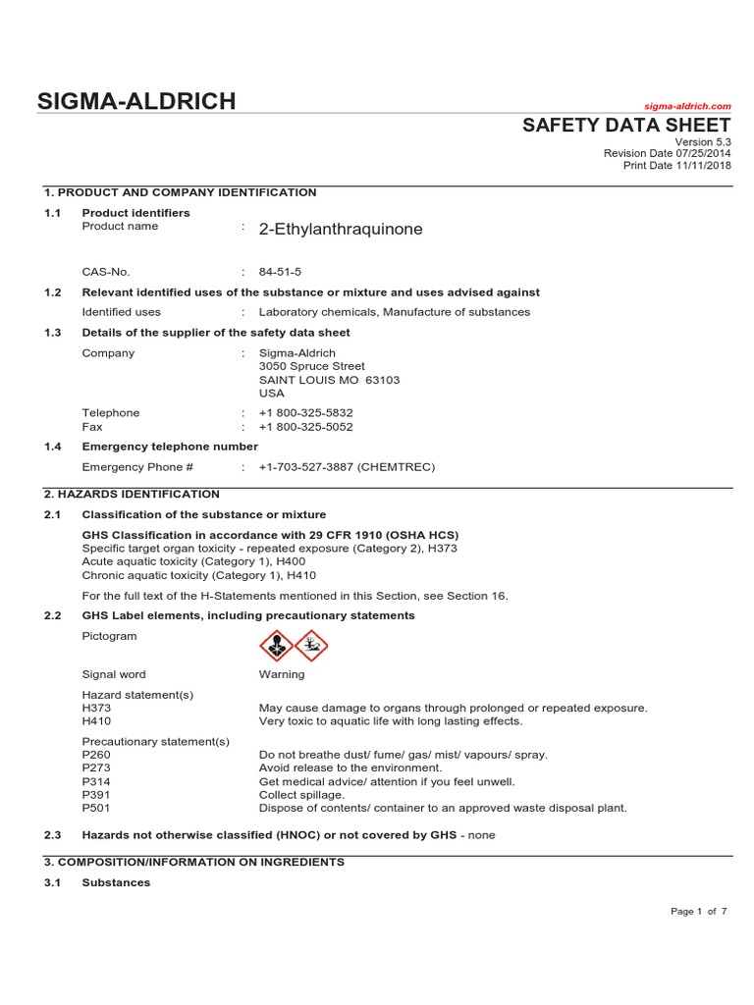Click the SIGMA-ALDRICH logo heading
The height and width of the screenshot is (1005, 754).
tap(136, 101)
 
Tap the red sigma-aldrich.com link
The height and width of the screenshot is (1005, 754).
tap(687, 106)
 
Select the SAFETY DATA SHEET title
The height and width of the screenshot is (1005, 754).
tap(626, 126)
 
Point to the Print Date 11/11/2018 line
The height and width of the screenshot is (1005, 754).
tap(676, 165)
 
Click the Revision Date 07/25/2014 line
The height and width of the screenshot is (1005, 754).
tap(667, 153)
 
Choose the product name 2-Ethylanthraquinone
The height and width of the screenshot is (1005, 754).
tap(341, 230)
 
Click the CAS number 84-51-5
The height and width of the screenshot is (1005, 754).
tap(281, 272)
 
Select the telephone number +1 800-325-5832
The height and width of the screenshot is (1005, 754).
tap(305, 413)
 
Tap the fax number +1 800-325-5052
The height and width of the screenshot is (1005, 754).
tap(305, 427)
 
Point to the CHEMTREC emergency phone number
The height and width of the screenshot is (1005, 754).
tap(347, 467)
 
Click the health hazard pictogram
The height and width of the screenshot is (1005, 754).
tap(276, 646)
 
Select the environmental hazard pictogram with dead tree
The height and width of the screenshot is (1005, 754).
tap(311, 646)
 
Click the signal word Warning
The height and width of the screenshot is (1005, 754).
tap(282, 674)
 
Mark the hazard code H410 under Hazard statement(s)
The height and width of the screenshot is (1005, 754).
tap(97, 720)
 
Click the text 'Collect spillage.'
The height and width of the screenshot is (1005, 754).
tap(302, 795)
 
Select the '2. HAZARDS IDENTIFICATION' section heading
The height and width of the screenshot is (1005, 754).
tap(132, 495)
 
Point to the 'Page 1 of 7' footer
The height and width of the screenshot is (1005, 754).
tap(698, 912)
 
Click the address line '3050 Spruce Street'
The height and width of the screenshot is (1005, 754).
tap(311, 366)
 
